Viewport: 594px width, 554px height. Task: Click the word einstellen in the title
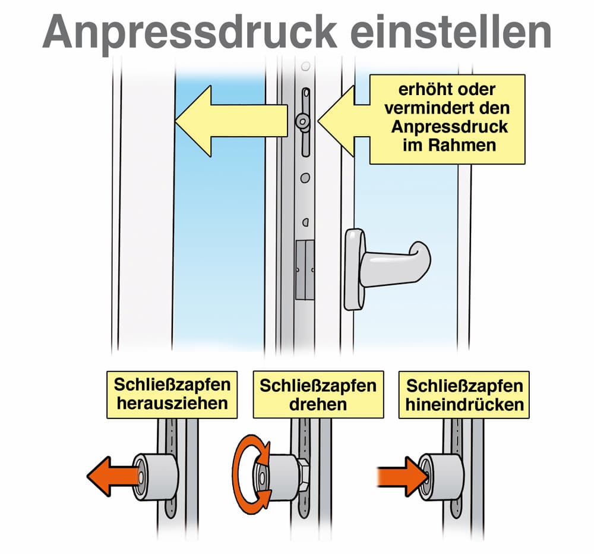(x=451, y=32)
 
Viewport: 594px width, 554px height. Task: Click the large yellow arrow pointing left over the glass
(x=231, y=121)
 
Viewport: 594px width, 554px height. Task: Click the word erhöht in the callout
(x=423, y=90)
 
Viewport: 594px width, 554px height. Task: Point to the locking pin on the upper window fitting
(x=303, y=121)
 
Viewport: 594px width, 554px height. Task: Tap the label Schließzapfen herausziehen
(x=172, y=394)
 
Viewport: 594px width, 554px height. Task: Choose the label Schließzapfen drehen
(x=318, y=394)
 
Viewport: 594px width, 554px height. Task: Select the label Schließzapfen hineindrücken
(x=464, y=394)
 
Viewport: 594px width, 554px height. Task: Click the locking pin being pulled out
(x=155, y=476)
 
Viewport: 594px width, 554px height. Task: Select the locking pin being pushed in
(x=441, y=476)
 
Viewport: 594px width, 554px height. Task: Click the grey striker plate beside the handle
(x=305, y=270)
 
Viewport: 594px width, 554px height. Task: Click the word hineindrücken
(x=465, y=404)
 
